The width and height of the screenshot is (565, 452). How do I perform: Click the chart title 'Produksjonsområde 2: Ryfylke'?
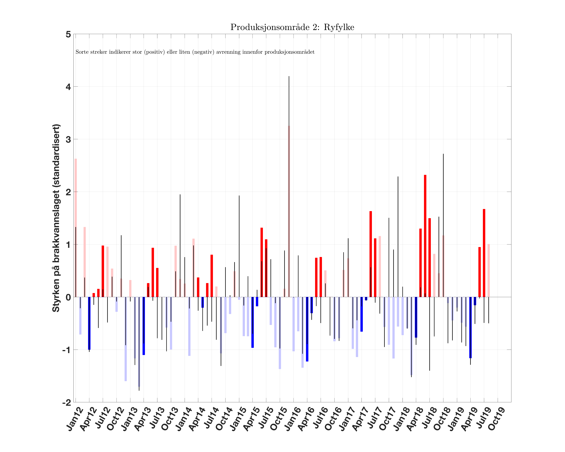click(x=292, y=27)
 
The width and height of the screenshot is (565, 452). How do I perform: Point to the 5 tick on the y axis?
click(x=68, y=34)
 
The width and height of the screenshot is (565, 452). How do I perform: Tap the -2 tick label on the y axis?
click(x=67, y=403)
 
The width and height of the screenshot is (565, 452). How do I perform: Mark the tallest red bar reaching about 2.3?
click(x=425, y=236)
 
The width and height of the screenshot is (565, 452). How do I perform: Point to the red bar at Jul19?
click(x=484, y=253)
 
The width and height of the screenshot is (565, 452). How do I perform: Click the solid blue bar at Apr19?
click(x=470, y=327)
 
